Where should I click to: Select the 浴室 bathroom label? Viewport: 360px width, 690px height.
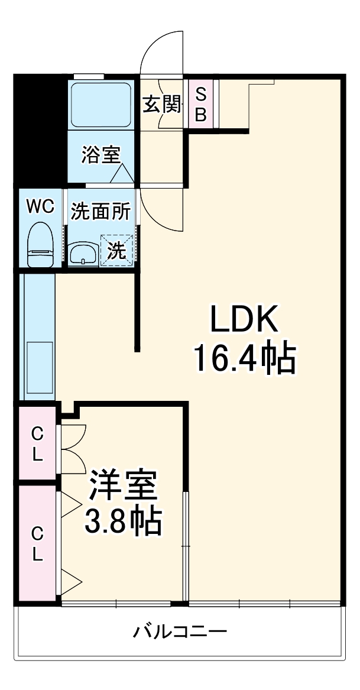click(101, 155)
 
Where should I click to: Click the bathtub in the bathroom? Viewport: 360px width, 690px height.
click(100, 105)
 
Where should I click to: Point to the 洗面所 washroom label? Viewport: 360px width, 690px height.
click(101, 211)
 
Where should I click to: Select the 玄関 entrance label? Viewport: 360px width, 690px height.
click(162, 105)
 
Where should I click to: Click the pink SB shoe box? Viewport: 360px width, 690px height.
click(201, 103)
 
